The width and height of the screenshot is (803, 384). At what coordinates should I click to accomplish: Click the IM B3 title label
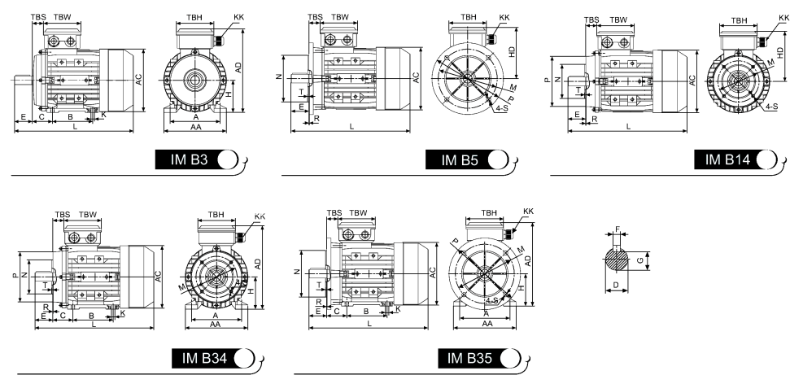(189, 159)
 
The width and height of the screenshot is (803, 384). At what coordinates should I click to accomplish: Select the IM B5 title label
(460, 160)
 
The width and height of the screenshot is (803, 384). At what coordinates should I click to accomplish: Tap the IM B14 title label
(727, 159)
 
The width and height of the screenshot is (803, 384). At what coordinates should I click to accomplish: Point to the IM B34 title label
(204, 358)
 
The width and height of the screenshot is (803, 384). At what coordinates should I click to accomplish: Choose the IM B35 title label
(469, 358)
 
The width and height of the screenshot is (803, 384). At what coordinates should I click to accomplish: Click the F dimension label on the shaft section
(618, 229)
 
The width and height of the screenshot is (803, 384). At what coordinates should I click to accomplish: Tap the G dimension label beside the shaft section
(639, 260)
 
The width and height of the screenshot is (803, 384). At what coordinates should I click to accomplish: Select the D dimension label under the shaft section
(616, 285)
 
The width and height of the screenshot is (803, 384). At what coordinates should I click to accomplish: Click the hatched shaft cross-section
(617, 260)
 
